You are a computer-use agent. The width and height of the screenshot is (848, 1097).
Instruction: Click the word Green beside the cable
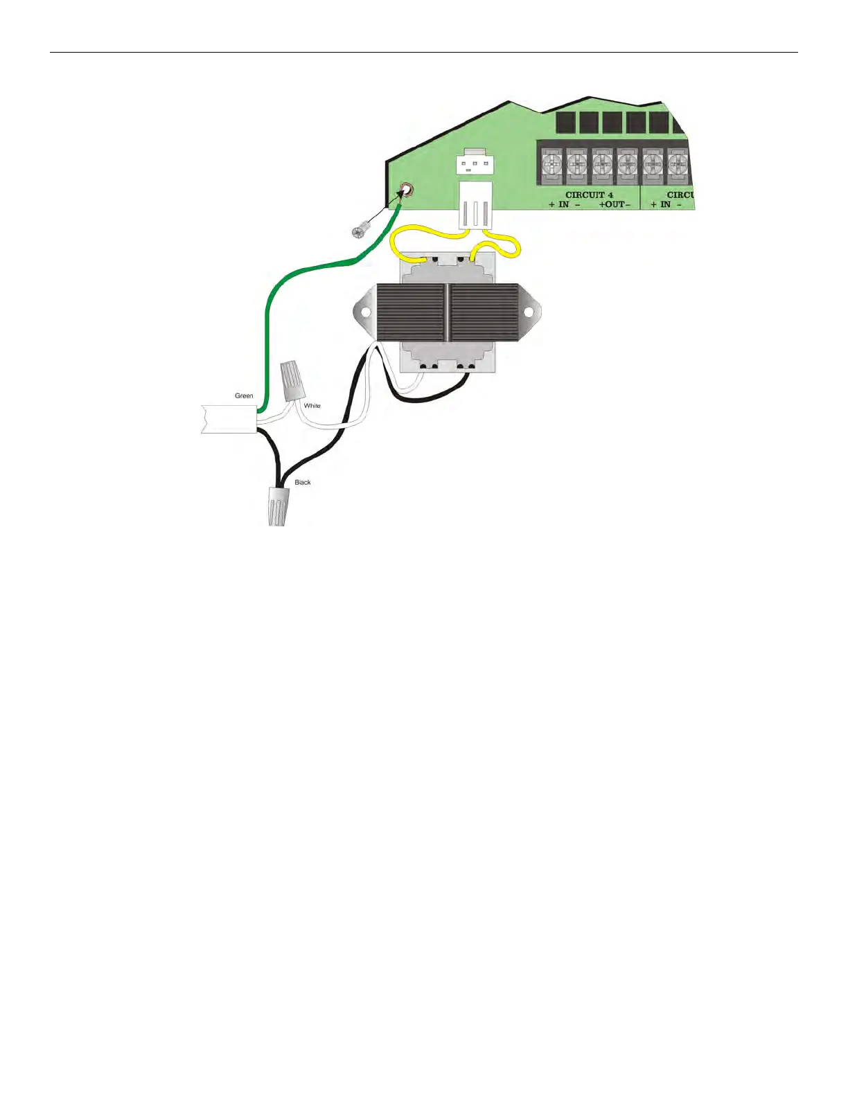(244, 396)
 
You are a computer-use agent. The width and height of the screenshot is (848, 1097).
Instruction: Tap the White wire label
(312, 406)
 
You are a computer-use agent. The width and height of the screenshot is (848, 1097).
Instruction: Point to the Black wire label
(303, 482)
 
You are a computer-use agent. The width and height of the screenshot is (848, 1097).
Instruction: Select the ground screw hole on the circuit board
(407, 190)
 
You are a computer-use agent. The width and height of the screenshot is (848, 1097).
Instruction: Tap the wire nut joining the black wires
(277, 506)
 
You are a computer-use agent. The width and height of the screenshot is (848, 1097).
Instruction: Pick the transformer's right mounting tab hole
(528, 313)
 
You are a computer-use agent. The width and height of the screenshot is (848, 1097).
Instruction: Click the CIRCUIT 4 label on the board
(589, 195)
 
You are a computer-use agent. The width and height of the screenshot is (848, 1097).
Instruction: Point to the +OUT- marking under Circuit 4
(615, 205)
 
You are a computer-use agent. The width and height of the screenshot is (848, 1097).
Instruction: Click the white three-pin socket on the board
(475, 164)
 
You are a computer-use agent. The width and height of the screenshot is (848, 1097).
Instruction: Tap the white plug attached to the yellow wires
(475, 204)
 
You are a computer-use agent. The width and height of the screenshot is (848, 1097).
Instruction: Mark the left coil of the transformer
(410, 314)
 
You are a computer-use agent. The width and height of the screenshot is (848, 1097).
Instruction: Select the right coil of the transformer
(484, 314)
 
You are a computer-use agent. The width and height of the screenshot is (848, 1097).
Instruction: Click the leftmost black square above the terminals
(566, 123)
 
